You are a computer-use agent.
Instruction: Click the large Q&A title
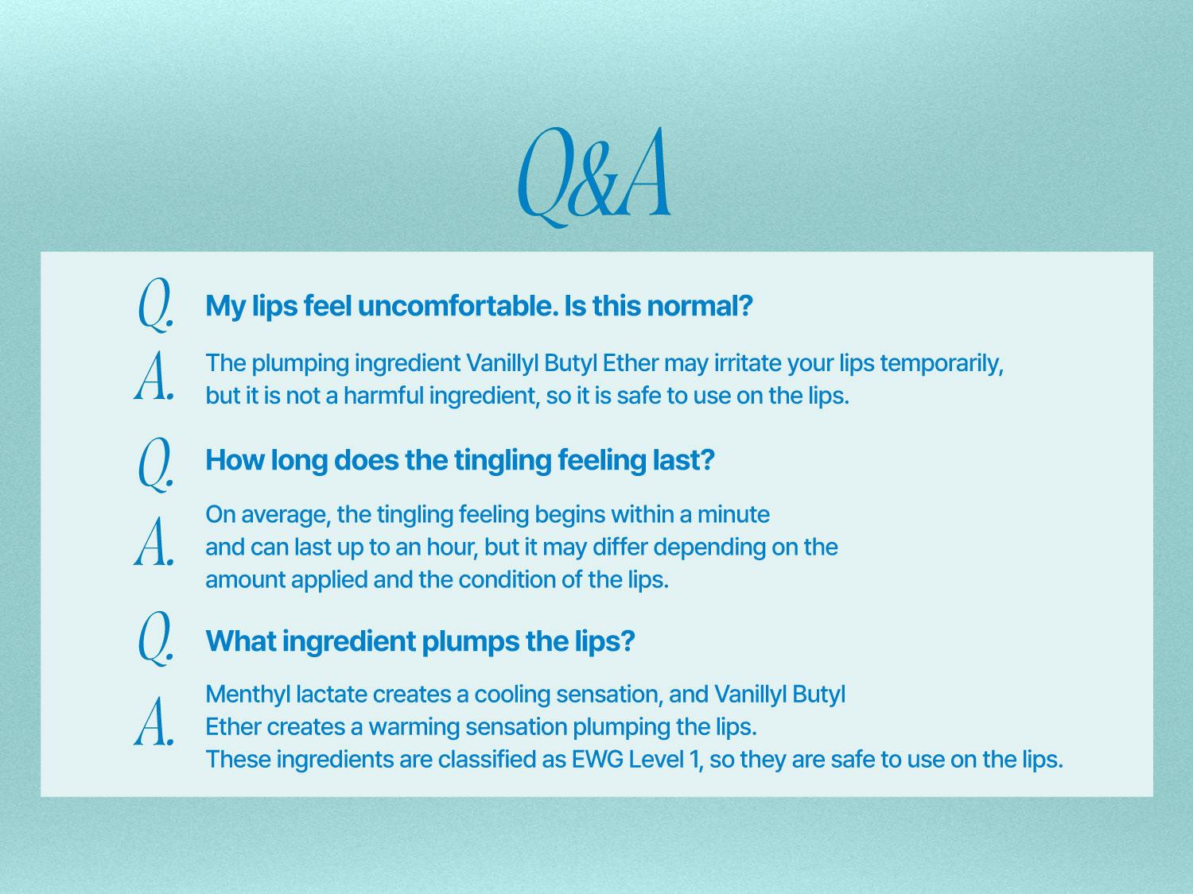pos(594,177)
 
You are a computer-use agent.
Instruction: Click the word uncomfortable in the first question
pos(457,306)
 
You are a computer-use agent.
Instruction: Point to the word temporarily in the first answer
pos(942,364)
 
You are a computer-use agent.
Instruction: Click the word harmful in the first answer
pos(383,395)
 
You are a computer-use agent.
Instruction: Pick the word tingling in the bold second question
pos(502,460)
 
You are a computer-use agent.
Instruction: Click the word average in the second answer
pos(286,515)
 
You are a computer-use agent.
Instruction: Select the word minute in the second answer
pos(733,514)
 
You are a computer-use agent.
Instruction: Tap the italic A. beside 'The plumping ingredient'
pos(154,376)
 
